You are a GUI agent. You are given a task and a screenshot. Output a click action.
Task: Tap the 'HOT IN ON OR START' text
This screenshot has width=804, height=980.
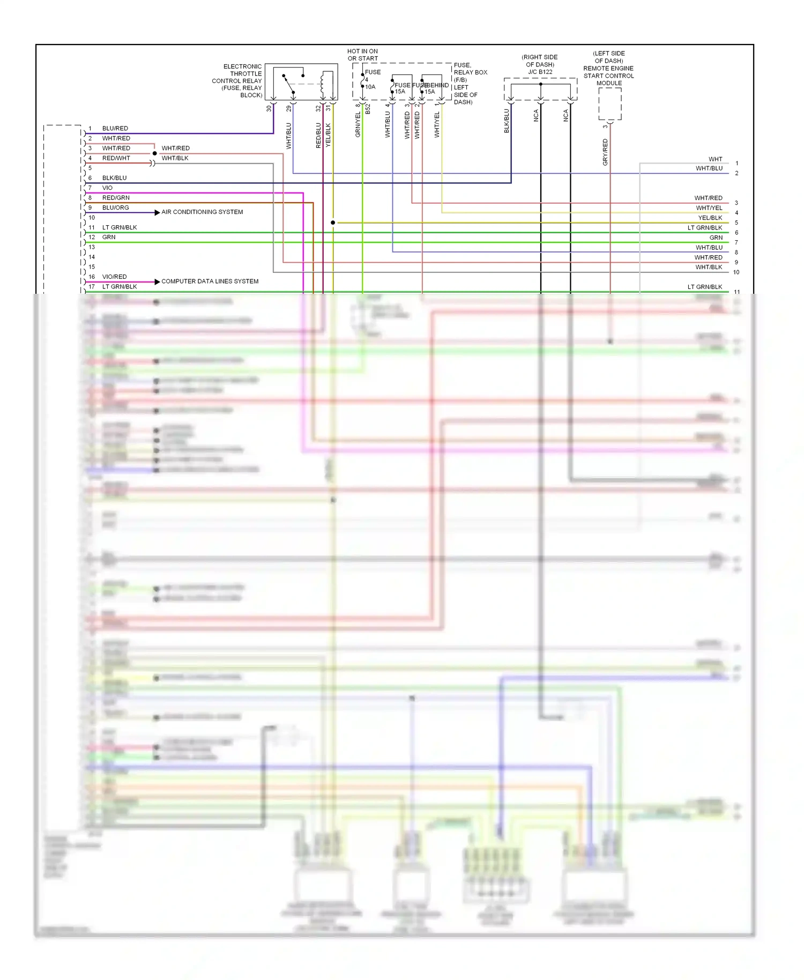[x=362, y=55]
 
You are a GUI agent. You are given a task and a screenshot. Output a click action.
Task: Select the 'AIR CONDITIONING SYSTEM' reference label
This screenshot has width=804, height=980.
[x=202, y=212]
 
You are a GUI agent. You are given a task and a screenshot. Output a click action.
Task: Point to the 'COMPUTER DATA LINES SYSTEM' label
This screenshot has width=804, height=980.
[x=210, y=281]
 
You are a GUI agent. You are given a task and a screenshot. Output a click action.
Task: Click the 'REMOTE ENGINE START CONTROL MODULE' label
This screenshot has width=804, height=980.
[x=608, y=72]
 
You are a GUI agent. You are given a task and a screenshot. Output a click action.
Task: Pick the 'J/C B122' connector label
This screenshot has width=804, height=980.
[x=540, y=72]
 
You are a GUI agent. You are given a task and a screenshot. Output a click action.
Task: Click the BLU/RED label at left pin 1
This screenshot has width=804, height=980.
[x=115, y=129]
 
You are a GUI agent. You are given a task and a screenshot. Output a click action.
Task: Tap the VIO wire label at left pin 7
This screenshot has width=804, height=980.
[x=107, y=188]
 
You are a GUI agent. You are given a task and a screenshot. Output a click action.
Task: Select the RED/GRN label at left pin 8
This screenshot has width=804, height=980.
[x=116, y=198]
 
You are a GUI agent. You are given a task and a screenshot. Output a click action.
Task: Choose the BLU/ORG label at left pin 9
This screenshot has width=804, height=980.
[x=115, y=208]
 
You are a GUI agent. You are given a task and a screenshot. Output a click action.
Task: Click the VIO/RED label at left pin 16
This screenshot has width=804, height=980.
[x=114, y=277]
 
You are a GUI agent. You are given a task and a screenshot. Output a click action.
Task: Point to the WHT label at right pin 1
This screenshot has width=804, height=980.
[x=715, y=159]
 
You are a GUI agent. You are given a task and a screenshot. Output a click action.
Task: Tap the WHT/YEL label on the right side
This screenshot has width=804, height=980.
[x=709, y=208]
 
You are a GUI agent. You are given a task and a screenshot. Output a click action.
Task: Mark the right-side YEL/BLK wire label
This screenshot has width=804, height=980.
[x=710, y=218]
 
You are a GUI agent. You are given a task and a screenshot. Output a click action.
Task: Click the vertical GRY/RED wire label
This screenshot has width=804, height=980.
[x=605, y=152]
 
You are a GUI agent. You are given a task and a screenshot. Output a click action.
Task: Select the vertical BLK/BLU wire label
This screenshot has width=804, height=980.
[x=507, y=121]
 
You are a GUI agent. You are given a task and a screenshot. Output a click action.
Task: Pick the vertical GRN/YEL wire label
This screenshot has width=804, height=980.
[x=358, y=124]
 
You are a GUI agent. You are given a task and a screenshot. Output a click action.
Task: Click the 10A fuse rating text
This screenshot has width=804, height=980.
[x=370, y=87]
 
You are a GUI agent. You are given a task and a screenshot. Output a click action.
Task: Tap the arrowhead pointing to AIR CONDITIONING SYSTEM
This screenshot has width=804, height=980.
[x=157, y=213]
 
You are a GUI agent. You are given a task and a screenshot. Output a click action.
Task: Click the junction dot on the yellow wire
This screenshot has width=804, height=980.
[x=333, y=222]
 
